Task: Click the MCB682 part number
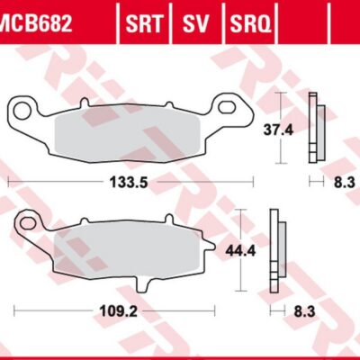(x=37, y=23)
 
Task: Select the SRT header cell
(x=144, y=23)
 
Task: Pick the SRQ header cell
(x=251, y=23)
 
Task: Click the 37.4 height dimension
(x=278, y=130)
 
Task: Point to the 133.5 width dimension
(x=129, y=182)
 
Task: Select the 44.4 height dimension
(x=240, y=251)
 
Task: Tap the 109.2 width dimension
(x=118, y=312)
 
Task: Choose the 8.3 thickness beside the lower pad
(x=304, y=312)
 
